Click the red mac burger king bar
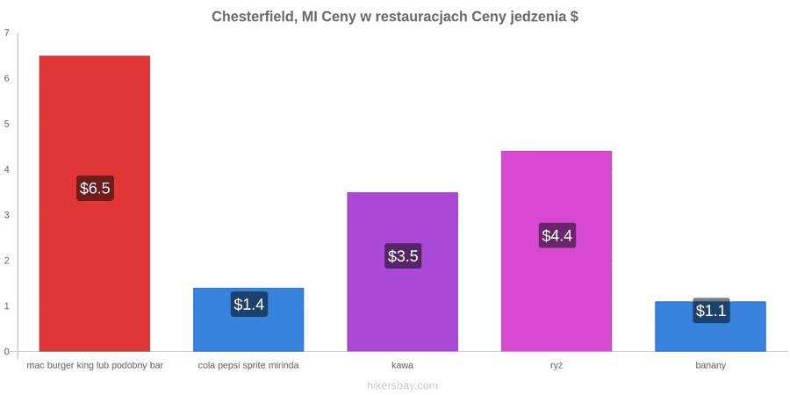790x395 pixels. pyautogui.click(x=95, y=204)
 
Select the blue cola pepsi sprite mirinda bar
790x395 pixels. pyautogui.click(x=248, y=320)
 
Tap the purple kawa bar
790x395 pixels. pyautogui.click(x=403, y=271)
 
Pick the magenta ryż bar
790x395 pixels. pyautogui.click(x=557, y=251)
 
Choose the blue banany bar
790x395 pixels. pyautogui.click(x=710, y=326)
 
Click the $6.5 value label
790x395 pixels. pyautogui.click(x=95, y=189)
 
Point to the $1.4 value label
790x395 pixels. pyautogui.click(x=249, y=305)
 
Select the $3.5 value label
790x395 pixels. pyautogui.click(x=403, y=256)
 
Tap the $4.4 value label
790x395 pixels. pyautogui.click(x=557, y=235)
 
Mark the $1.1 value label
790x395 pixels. pyautogui.click(x=711, y=311)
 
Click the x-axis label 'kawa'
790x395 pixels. pyautogui.click(x=403, y=365)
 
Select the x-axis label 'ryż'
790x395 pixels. pyautogui.click(x=557, y=365)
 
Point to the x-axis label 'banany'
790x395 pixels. pyautogui.click(x=710, y=366)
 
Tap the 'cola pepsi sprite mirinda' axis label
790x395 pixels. pyautogui.click(x=248, y=365)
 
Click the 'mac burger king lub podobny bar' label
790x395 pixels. pyautogui.click(x=95, y=365)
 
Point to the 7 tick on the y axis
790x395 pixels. pyautogui.click(x=6, y=32)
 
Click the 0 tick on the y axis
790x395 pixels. pyautogui.click(x=6, y=351)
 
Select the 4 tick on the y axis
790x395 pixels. pyautogui.click(x=6, y=169)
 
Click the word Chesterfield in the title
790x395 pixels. pyautogui.click(x=255, y=17)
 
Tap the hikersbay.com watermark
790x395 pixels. pyautogui.click(x=403, y=385)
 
